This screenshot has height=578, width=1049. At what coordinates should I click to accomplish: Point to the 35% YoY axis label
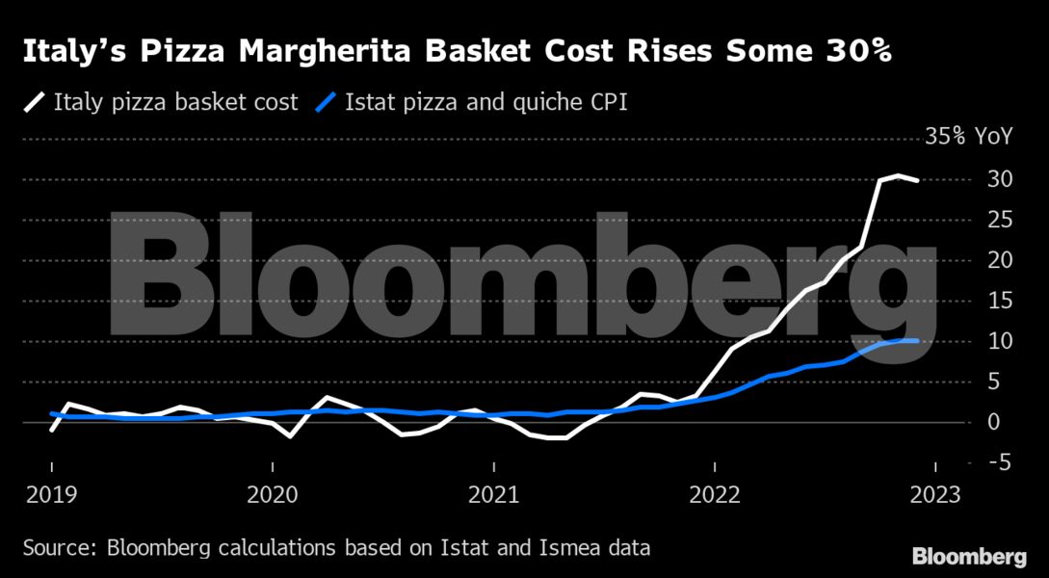[969, 137]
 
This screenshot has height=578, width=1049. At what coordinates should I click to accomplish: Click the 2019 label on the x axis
[51, 495]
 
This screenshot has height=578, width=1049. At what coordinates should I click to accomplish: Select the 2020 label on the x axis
[273, 495]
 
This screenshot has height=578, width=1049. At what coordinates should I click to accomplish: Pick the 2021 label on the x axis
[493, 495]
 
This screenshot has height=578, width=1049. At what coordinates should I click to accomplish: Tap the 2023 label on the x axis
[934, 495]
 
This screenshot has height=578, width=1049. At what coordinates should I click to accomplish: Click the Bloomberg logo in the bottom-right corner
[969, 556]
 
